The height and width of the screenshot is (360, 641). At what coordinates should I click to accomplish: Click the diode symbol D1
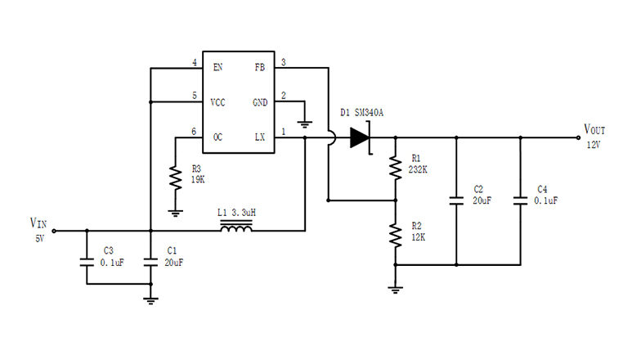tap(361, 137)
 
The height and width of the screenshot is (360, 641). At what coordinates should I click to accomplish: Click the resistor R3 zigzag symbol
tap(173, 178)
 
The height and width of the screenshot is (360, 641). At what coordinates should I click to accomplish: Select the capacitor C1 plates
tap(150, 263)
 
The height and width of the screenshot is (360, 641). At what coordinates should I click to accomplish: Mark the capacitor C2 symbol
tap(455, 199)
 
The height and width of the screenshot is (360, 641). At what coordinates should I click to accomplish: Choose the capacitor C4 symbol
tap(520, 199)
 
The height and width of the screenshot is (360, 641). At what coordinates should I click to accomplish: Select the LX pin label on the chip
tap(259, 137)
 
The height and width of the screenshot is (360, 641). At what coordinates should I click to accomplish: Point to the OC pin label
tap(217, 137)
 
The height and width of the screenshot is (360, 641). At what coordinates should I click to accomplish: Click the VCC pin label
tap(218, 102)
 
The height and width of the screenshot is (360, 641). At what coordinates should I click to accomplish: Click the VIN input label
tap(38, 223)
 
